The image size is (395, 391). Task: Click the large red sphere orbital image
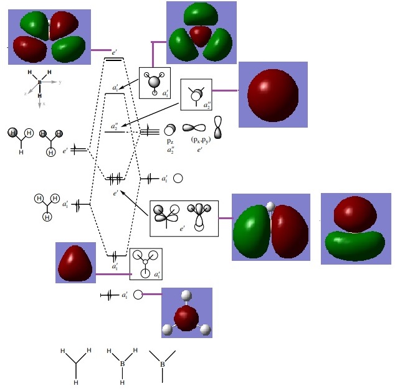point(272,95)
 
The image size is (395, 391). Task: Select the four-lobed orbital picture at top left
point(49,37)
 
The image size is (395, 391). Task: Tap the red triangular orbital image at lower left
point(75,263)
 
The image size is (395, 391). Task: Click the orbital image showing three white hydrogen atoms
point(186,313)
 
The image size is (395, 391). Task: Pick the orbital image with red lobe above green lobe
point(356,228)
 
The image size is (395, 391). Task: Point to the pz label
point(169,141)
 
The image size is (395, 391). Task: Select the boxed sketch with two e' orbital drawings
point(184,217)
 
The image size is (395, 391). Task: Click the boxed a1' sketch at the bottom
point(145,264)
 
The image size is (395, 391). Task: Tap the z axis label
point(25,93)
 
